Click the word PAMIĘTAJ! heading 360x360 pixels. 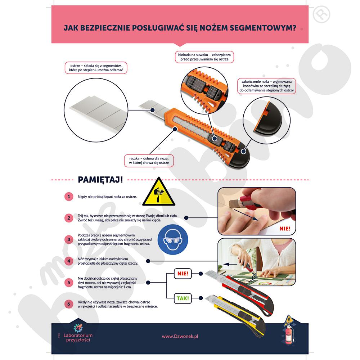coord(100,180)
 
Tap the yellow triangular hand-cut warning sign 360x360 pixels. coord(159,192)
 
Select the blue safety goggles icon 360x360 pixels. coord(173,239)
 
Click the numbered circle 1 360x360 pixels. coord(69,197)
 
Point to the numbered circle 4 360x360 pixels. coord(69,261)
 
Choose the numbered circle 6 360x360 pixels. coord(69,304)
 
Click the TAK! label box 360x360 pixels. coord(183,298)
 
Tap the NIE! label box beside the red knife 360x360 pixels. coord(183,274)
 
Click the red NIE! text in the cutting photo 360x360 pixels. coord(285,229)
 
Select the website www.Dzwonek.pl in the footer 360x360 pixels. coord(180,336)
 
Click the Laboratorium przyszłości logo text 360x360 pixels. coord(78,338)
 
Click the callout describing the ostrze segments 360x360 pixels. coord(96,68)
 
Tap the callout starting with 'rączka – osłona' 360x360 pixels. coord(149,161)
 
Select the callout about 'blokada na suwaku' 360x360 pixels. coord(204,57)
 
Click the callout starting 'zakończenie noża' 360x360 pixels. coord(266,86)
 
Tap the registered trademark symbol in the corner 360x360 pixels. coord(321,14)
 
